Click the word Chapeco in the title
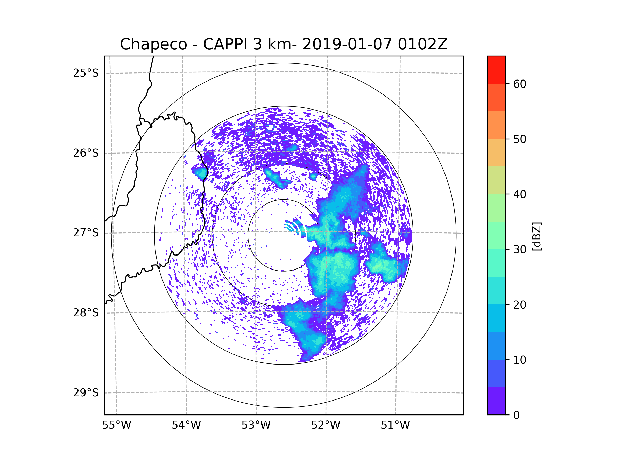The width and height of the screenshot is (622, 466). [x=153, y=44]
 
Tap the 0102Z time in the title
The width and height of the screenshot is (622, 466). [x=422, y=44]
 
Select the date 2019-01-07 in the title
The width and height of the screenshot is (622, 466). [x=347, y=44]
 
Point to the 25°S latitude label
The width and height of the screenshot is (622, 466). [x=86, y=73]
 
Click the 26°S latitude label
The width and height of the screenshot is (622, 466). [x=86, y=153]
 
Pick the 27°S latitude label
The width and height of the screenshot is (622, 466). [x=86, y=233]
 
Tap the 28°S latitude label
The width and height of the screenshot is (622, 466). [x=86, y=313]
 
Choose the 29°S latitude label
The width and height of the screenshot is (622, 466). [x=86, y=393]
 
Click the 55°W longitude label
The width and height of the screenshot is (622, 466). [x=116, y=425]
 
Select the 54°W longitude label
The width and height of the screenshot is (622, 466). [x=186, y=425]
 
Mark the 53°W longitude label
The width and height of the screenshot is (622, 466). [x=256, y=425]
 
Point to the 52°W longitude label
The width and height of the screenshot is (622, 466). [x=326, y=425]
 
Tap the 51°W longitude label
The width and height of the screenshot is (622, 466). [x=395, y=425]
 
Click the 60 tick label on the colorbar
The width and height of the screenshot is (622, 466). [x=520, y=84]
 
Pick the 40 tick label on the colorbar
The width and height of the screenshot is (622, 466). [x=520, y=194]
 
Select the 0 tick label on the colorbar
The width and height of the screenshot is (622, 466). [x=517, y=415]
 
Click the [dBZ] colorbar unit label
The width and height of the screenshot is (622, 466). [x=536, y=237]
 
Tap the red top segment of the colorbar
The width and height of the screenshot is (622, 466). [x=496, y=70]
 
